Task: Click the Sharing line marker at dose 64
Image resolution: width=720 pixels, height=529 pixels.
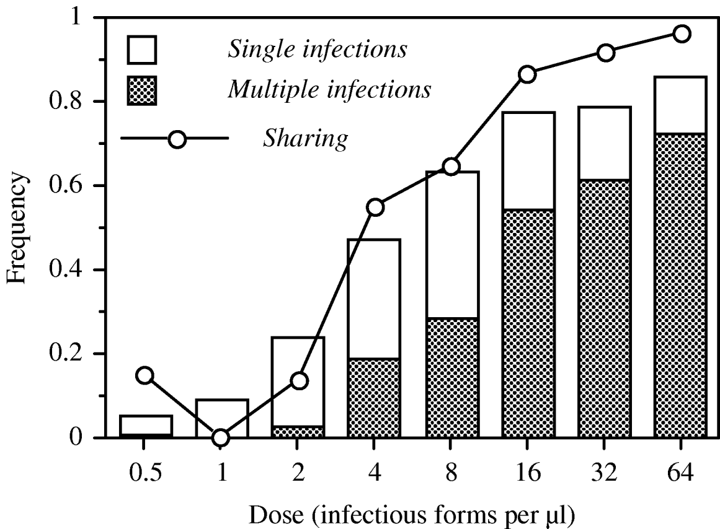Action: [x=682, y=33]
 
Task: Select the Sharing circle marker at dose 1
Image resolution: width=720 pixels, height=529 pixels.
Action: [x=221, y=438]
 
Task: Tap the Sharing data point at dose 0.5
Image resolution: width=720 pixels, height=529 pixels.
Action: [x=144, y=375]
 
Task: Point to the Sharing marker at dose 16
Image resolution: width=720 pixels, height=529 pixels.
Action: [x=528, y=74]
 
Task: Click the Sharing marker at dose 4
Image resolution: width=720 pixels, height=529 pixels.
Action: [x=375, y=207]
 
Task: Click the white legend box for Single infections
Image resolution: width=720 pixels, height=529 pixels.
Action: [x=142, y=49]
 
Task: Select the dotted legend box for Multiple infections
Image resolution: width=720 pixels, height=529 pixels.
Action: [x=142, y=90]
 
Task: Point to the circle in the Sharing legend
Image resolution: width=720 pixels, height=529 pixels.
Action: [x=177, y=139]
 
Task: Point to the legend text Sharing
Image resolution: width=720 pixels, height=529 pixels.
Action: [x=304, y=139]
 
